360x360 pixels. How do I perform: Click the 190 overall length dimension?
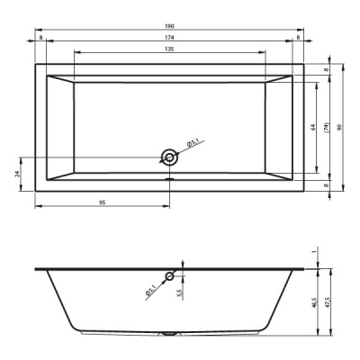coord(169,26)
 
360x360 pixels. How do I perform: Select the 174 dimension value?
coord(169,38)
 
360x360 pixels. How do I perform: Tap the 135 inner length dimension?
coord(169,49)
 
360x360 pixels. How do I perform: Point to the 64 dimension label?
coord(313,127)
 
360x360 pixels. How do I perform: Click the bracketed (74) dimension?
coord(327,128)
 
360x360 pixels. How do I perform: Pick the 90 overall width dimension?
coord(339,128)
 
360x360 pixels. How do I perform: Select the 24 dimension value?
coord(17,174)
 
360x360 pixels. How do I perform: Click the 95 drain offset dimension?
coord(103,202)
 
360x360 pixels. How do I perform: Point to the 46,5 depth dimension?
coord(314,301)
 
